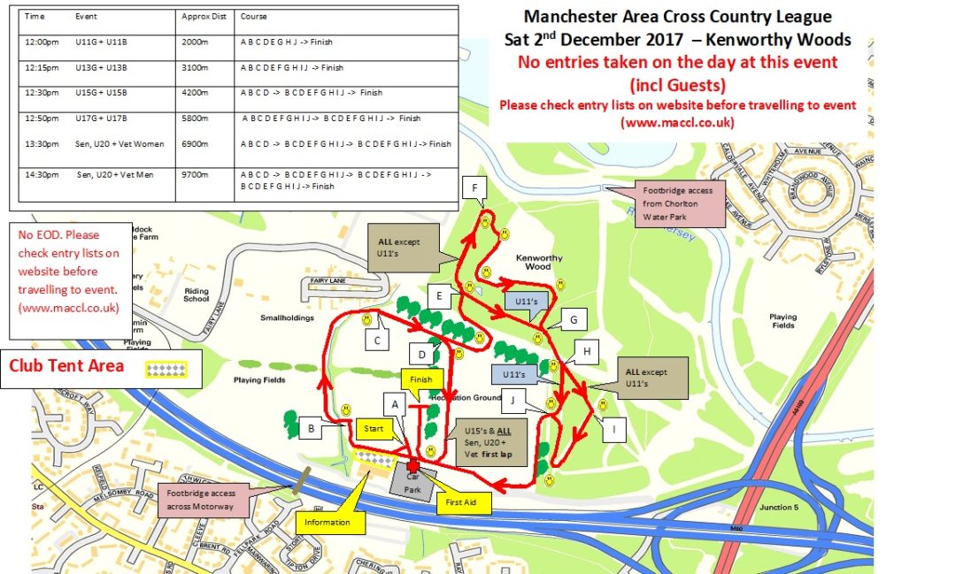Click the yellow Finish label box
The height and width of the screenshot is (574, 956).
point(420,380)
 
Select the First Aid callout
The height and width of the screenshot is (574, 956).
point(461,501)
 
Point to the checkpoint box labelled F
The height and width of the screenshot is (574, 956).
point(474,188)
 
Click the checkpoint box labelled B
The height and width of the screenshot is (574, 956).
point(312,430)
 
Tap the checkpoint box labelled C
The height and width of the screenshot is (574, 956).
point(378,340)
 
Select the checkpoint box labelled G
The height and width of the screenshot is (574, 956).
point(573,320)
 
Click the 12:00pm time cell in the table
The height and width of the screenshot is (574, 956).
point(42,42)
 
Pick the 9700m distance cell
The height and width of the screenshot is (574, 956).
point(192,175)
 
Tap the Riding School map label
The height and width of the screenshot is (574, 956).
point(197,295)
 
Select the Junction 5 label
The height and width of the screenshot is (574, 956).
point(779,507)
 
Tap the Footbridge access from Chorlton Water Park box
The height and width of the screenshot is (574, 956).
point(682,203)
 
